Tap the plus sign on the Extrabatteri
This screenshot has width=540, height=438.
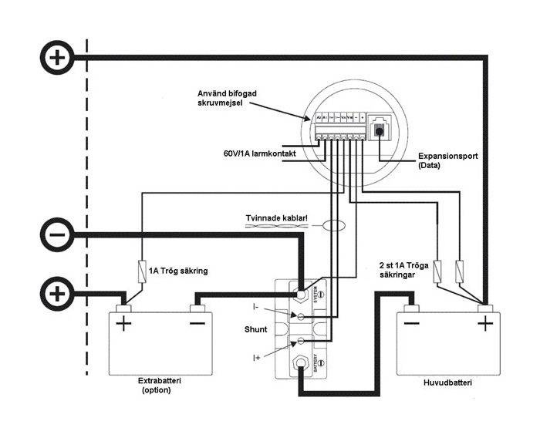123,322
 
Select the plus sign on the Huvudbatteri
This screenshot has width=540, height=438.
484,322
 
